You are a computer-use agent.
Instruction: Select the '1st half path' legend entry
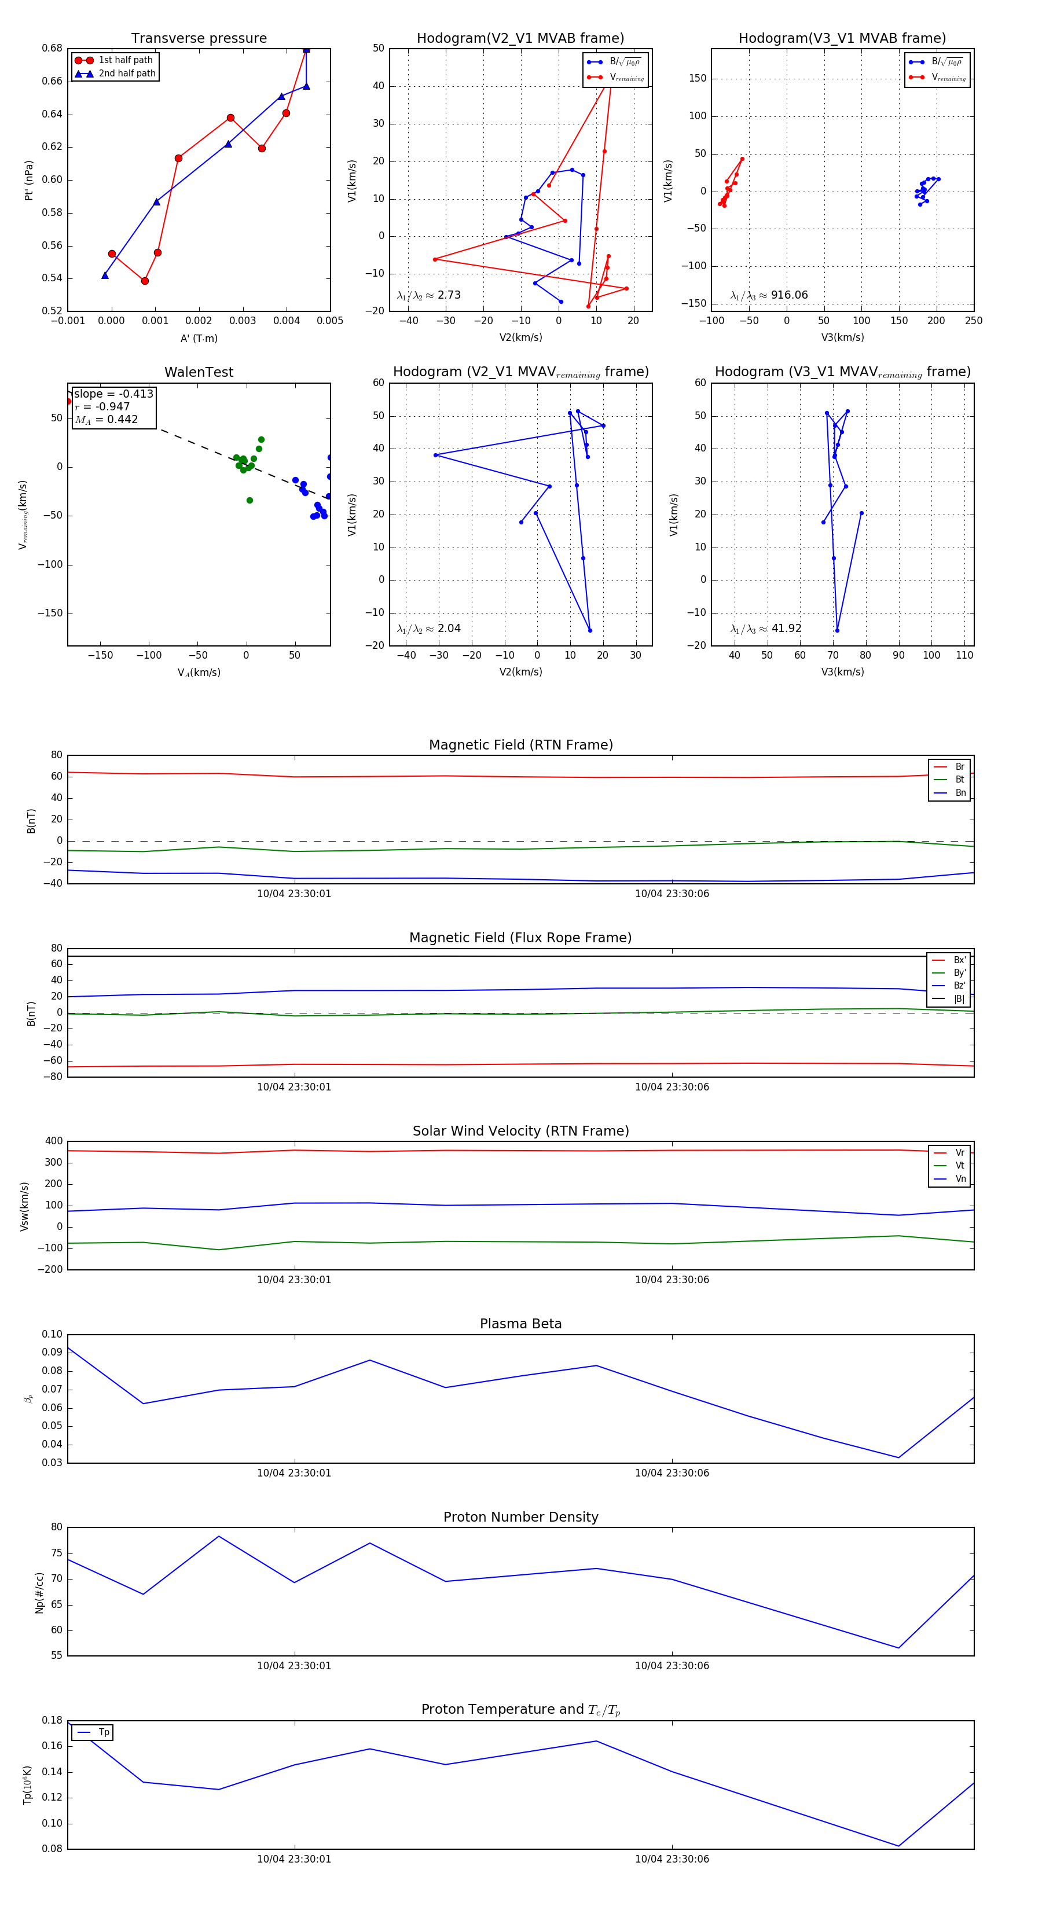tap(124, 60)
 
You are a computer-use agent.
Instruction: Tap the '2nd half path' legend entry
tap(126, 74)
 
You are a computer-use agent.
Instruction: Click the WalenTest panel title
tap(199, 372)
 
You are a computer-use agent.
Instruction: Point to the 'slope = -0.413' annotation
tap(113, 394)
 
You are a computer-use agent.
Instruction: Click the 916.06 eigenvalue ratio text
tap(788, 295)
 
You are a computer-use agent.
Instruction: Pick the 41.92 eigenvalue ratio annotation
tap(786, 629)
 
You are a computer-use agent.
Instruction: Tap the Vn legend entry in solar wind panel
tap(960, 1179)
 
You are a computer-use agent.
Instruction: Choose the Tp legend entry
tap(103, 1733)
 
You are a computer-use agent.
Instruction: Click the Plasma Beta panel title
tap(520, 1324)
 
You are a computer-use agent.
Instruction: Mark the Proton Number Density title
tap(520, 1517)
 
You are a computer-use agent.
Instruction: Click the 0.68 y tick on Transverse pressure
tap(52, 48)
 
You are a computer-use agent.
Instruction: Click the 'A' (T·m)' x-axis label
tap(199, 338)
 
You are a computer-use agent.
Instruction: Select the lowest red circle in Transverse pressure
tap(145, 281)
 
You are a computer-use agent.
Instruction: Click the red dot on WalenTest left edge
tap(68, 401)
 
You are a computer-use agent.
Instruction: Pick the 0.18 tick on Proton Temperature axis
tap(52, 1720)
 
